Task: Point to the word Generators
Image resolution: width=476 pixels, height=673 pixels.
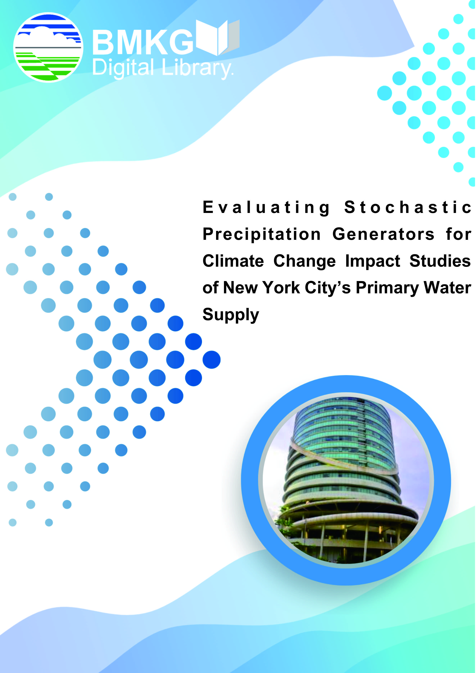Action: point(383,234)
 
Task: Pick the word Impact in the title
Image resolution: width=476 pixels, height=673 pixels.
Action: point(373,261)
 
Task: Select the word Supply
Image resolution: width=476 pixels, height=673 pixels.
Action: point(231,315)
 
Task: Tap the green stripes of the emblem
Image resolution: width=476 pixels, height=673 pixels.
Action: point(47,65)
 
